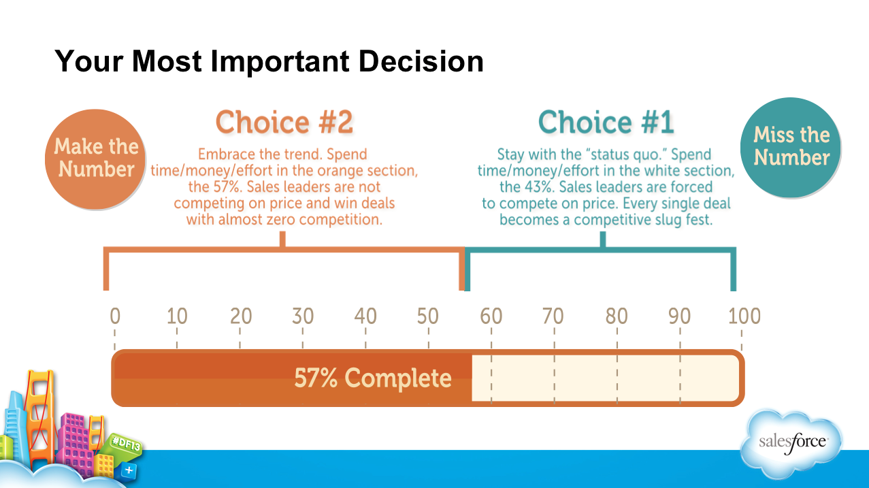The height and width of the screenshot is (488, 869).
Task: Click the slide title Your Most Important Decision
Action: [x=269, y=61]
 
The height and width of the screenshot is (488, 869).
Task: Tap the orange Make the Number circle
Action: [x=97, y=157]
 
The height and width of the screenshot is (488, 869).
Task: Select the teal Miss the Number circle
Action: [x=791, y=146]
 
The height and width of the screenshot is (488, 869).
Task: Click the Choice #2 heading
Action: [x=284, y=123]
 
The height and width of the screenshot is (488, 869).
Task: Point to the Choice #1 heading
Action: [x=606, y=123]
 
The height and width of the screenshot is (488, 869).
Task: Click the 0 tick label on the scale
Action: [x=115, y=316]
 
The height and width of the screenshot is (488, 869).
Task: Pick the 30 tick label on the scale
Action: [x=303, y=316]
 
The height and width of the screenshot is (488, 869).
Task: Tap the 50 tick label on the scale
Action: [x=428, y=316]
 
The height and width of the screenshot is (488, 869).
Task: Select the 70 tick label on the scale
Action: [x=553, y=316]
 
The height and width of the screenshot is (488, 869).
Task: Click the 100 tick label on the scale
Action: [x=744, y=316]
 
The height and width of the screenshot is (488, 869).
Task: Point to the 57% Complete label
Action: [x=373, y=378]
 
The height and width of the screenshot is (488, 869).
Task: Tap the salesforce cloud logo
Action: [x=792, y=442]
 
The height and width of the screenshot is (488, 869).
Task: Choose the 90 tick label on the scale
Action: [x=678, y=316]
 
